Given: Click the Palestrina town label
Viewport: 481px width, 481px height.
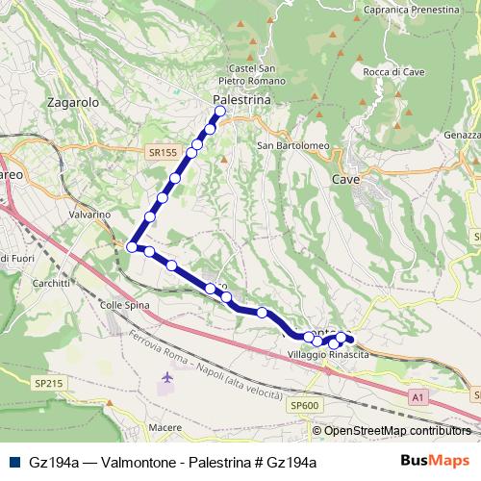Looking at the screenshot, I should (x=241, y=99).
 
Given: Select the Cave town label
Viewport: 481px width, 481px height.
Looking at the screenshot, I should (x=345, y=179).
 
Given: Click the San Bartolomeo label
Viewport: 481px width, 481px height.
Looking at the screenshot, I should (x=293, y=146).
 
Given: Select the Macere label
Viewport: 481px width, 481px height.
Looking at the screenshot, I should (x=165, y=426).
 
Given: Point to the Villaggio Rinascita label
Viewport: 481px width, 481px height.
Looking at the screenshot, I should (x=329, y=355).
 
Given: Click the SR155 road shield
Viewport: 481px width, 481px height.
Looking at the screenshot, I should (x=163, y=152).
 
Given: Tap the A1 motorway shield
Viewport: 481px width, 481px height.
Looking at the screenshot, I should (x=417, y=394).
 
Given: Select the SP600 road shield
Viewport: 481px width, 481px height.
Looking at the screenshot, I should (x=304, y=406).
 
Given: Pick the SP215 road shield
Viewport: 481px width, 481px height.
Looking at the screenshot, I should (x=48, y=383).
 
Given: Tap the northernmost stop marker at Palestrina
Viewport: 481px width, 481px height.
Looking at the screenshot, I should (x=220, y=112).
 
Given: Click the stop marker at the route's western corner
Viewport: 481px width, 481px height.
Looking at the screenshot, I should (x=132, y=247).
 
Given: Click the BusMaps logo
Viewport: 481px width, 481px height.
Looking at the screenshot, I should (x=436, y=462).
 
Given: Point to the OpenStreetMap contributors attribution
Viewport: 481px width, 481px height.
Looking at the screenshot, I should (x=398, y=430).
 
